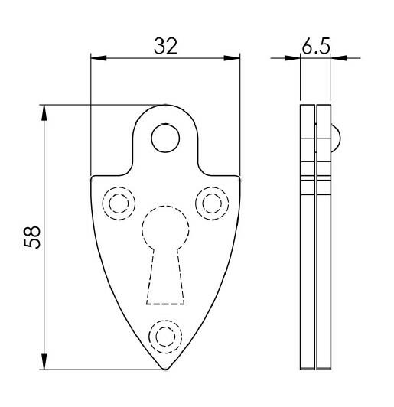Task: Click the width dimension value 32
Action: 164,46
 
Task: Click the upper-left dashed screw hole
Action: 117,203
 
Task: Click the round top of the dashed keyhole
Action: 164,229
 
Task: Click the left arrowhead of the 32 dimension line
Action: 96,57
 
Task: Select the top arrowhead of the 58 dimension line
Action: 45,110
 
